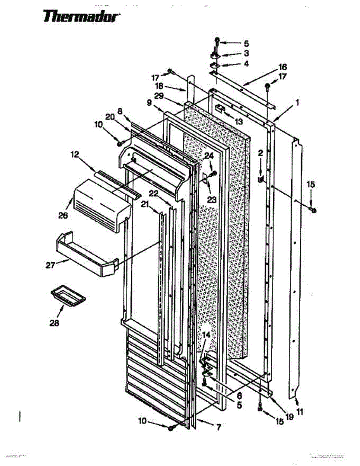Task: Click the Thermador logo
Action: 82,17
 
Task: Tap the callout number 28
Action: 54,322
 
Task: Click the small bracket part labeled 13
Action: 219,108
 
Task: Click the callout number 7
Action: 219,428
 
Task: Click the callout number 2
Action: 260,153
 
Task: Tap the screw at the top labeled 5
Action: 217,40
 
